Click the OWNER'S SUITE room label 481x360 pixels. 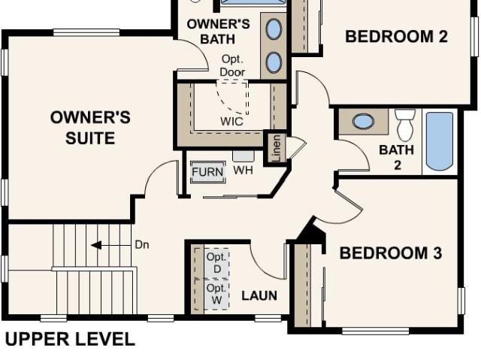90,128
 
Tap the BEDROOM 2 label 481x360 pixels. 396,37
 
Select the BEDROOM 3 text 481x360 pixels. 391,253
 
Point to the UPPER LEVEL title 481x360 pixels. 70,340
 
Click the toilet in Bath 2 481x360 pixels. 405,125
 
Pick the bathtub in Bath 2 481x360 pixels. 440,141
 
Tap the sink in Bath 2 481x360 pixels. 363,121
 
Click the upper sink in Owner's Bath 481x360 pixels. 274,29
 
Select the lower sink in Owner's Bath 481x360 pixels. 274,62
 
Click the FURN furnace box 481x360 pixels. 208,172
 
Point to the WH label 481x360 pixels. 244,170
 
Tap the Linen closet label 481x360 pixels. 277,148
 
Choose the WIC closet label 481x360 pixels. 232,122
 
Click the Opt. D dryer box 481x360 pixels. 216,263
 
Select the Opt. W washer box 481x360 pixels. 216,295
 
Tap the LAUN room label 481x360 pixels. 259,295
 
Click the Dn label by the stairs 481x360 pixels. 142,245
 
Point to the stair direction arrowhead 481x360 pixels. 96,245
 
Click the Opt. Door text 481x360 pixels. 232,65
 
